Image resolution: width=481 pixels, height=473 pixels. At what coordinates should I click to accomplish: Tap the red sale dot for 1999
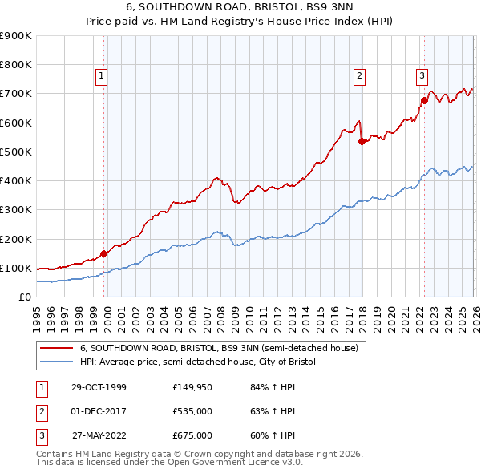click(x=104, y=253)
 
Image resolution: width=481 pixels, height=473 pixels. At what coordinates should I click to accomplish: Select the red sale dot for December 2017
click(x=361, y=142)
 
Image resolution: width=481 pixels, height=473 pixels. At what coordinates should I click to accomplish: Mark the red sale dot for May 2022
click(x=423, y=101)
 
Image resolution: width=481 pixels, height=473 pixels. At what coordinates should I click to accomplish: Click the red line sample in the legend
click(x=58, y=348)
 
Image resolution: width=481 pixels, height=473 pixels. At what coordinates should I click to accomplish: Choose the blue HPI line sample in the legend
click(x=58, y=362)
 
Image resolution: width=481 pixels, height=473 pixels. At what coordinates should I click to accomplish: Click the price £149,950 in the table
click(x=192, y=387)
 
